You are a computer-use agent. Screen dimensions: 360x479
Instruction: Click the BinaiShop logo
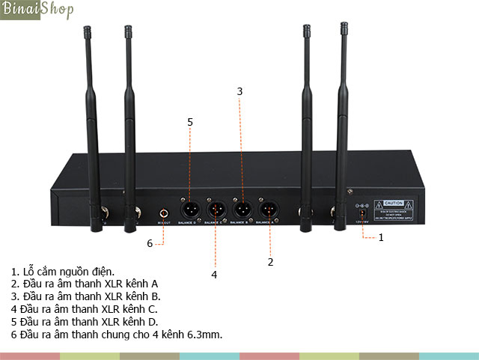tap(37, 10)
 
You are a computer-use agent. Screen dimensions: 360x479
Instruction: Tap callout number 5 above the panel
tap(190, 121)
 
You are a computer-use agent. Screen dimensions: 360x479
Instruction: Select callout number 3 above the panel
tap(239, 91)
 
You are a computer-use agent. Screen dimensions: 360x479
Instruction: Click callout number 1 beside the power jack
tap(380, 237)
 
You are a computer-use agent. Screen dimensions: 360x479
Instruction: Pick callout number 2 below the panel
tap(270, 262)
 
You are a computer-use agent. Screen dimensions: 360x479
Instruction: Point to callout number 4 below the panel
tap(214, 275)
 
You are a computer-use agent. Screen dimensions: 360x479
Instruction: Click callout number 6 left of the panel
tap(150, 242)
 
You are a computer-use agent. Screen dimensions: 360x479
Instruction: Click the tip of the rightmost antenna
tap(344, 28)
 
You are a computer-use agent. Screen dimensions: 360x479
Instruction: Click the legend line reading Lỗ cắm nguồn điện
tap(64, 271)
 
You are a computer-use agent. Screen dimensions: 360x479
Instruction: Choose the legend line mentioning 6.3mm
tap(117, 333)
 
